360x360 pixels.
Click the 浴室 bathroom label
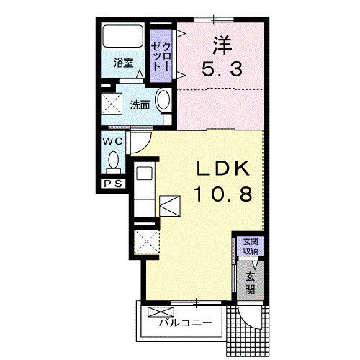124,63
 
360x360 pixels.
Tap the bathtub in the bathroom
123,37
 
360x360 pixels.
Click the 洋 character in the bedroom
221,45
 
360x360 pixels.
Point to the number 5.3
221,71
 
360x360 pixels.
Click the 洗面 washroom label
140,104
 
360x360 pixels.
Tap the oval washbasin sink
163,102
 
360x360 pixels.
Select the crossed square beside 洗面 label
113,104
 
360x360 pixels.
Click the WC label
112,141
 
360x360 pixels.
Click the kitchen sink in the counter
143,174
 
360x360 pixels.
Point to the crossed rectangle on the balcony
157,312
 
